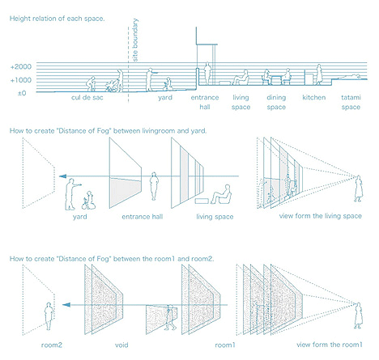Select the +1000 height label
click(21, 80)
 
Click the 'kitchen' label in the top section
click(313, 97)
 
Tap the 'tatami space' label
click(351, 102)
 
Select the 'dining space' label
click(276, 102)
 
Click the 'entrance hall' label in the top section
click(204, 102)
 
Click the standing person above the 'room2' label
click(49, 314)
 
